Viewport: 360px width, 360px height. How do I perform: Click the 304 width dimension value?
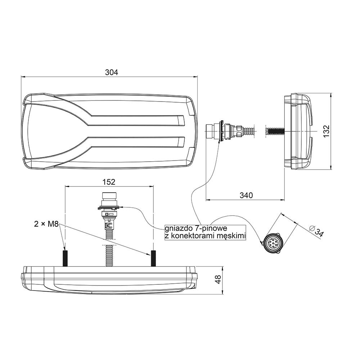click(x=112, y=72)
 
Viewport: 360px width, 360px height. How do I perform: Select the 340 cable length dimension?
click(x=246, y=195)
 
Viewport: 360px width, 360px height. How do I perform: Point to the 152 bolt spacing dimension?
click(x=109, y=182)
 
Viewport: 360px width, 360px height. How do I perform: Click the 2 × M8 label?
click(x=46, y=224)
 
